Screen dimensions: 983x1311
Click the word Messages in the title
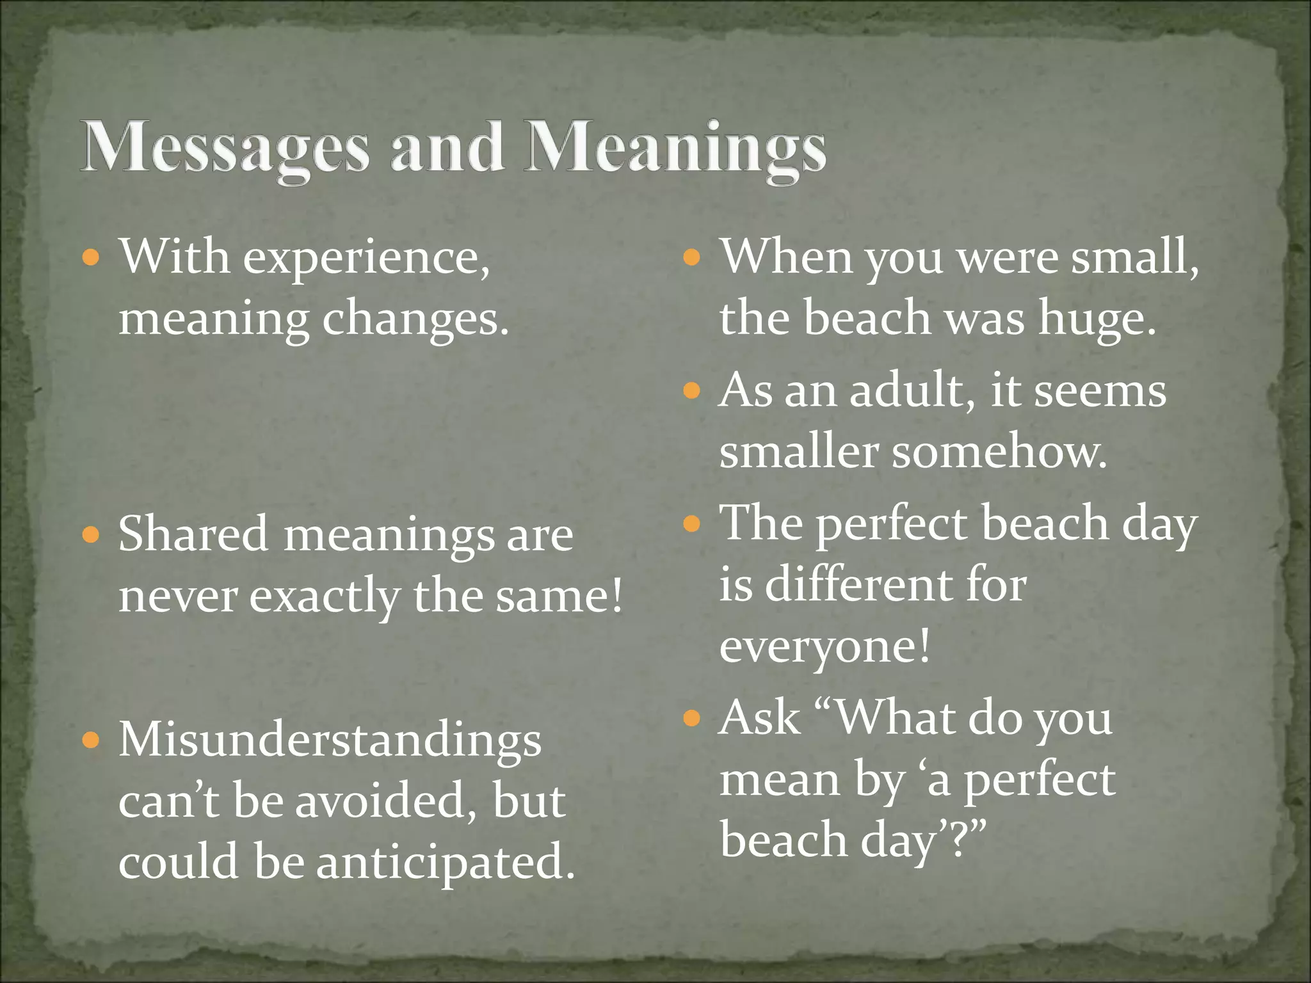[225, 148]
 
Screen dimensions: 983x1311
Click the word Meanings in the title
[675, 148]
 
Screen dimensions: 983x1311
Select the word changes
[415, 320]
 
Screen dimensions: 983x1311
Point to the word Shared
[193, 534]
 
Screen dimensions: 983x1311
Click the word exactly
[324, 597]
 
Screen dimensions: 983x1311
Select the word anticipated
[446, 863]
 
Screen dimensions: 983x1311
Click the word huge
[1097, 319]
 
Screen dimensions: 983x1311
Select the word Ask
[760, 718]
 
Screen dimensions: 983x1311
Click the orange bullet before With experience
[92, 259]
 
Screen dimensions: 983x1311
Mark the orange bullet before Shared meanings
[92, 534]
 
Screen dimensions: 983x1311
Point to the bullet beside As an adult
[692, 390]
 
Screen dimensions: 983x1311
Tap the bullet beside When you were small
[692, 259]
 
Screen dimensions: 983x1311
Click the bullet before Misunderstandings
[92, 741]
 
